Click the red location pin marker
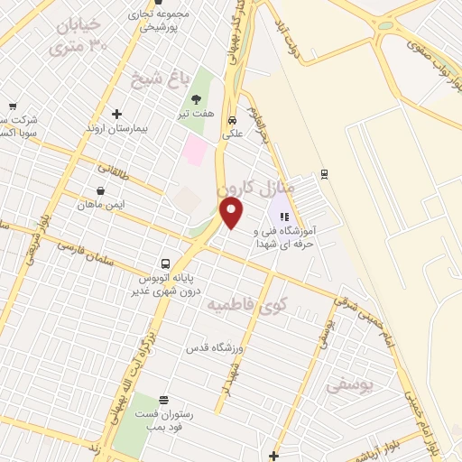coord(233,213)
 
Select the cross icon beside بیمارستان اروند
coord(116,114)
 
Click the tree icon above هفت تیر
coord(196,99)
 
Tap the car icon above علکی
coord(232,119)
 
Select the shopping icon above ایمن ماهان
coord(99,190)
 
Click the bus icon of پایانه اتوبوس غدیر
coord(164,263)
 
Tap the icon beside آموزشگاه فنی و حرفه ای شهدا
coord(283,217)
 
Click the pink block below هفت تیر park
coord(194,150)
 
